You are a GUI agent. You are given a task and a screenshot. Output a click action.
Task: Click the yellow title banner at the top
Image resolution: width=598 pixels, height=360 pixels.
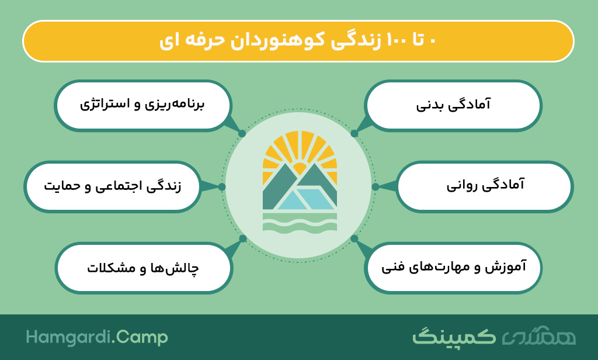point(298,41)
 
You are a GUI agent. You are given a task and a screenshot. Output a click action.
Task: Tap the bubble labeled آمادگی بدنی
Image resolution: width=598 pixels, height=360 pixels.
point(453,105)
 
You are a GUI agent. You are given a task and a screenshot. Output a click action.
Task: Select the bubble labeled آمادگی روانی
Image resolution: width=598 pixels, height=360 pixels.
point(485,186)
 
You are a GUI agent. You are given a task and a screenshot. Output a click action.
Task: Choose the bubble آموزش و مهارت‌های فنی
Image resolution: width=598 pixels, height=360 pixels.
point(453,268)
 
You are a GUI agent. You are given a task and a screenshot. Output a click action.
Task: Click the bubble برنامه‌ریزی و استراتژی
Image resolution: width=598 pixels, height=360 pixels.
point(143,105)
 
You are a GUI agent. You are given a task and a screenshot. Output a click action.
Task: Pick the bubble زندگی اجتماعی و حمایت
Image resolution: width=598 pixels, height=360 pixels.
point(113,186)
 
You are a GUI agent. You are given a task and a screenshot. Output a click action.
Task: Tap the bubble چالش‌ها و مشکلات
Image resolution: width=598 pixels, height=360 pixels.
point(144,268)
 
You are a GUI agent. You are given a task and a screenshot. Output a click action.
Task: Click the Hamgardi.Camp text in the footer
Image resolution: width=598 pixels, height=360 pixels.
point(97,337)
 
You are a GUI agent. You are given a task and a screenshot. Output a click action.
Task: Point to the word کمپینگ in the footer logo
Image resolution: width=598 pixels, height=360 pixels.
point(454,336)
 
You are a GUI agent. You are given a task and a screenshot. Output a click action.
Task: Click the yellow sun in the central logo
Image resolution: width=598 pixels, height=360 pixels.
point(300,153)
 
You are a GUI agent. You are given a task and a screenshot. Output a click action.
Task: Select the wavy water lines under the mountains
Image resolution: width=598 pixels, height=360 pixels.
point(300,222)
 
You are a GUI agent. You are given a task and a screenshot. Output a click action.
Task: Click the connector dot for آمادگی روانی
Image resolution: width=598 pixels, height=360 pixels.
point(376,186)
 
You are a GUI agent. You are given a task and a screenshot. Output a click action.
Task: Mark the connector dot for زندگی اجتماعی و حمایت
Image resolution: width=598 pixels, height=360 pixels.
point(222,186)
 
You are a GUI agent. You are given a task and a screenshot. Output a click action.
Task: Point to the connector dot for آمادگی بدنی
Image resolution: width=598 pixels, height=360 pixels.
point(354,133)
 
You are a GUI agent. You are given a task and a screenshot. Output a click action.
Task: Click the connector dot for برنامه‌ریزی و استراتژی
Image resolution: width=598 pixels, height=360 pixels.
point(242,133)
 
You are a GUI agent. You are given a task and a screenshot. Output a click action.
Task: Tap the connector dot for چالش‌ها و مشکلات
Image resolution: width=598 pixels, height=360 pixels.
point(242,238)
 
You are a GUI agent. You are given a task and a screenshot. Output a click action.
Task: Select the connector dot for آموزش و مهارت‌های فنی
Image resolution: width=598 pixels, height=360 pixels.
point(354,238)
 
